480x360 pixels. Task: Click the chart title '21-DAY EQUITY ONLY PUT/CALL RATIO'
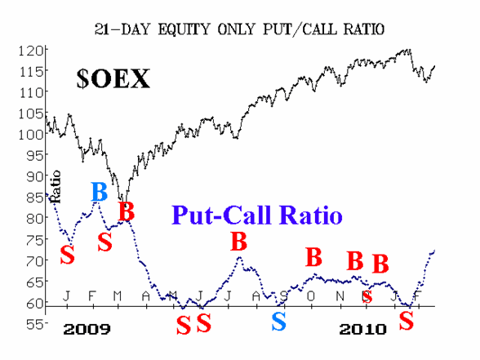tap(239, 29)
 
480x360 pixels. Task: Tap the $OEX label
tap(113, 78)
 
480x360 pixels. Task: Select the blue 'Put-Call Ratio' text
tap(257, 215)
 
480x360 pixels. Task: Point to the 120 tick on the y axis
tap(31, 51)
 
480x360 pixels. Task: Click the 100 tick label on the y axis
tap(31, 135)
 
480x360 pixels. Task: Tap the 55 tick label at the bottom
tap(35, 324)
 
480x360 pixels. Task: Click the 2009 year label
tap(87, 330)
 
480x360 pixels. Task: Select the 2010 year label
tap(362, 330)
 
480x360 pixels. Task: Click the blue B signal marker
tap(100, 192)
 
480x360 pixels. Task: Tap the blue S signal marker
tap(279, 322)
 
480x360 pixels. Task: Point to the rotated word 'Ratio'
tap(56, 187)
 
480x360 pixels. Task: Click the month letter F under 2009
tap(91, 296)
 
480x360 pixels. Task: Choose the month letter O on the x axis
tap(311, 296)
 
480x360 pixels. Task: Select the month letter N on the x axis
tap(340, 296)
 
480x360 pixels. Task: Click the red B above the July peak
tap(238, 242)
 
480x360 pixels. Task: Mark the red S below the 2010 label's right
tap(407, 321)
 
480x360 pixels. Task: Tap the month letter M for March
tap(118, 296)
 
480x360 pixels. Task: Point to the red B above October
tap(313, 257)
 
